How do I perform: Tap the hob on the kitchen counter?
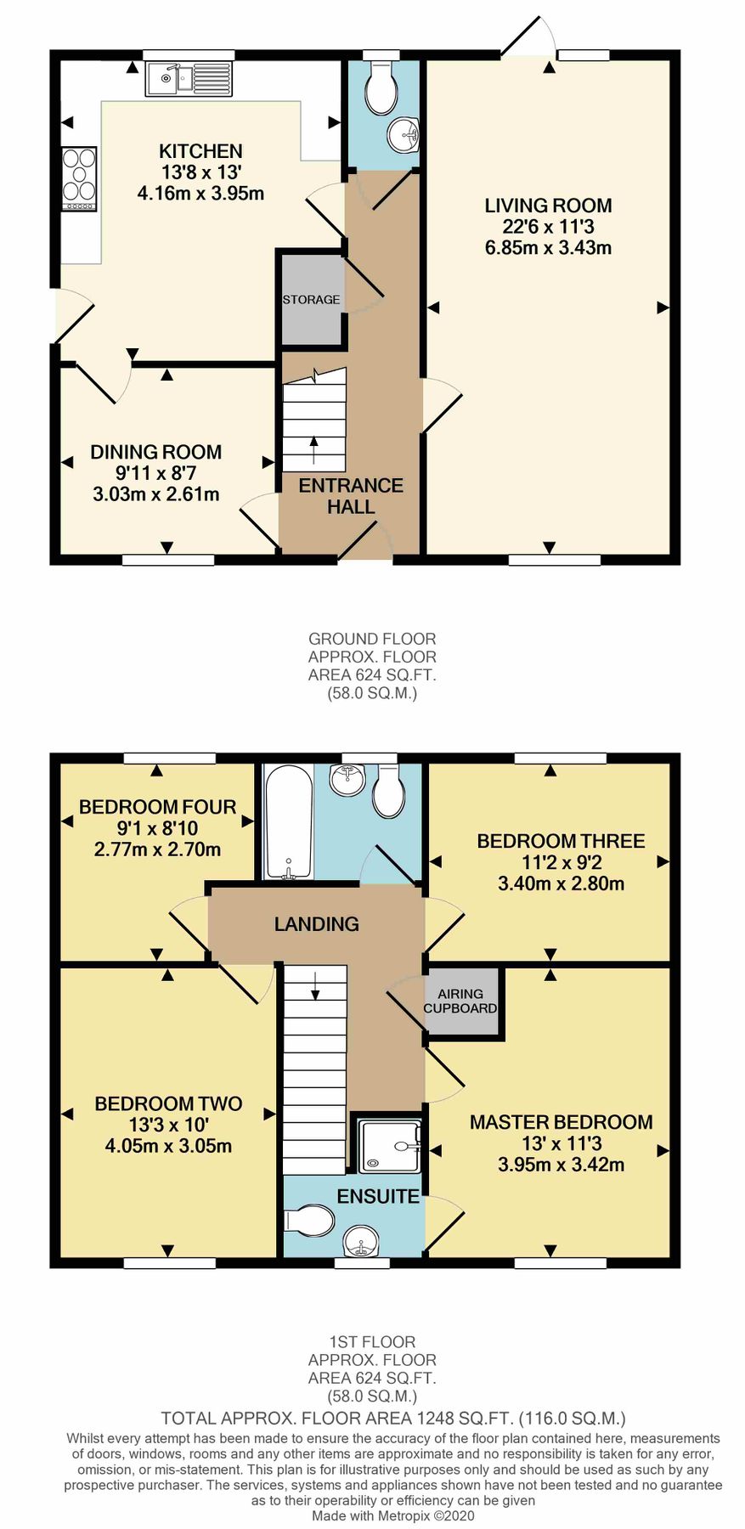pos(79,178)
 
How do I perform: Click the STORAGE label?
pos(311,300)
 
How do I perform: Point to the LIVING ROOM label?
pos(548,206)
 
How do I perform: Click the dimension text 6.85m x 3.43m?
pos(548,248)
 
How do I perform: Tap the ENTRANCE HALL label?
pos(351,496)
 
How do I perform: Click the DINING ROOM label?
pos(156,452)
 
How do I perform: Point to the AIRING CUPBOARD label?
pos(460,1001)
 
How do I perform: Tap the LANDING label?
pos(316,924)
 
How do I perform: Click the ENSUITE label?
pos(378,1196)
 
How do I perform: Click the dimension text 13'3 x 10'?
pos(168,1125)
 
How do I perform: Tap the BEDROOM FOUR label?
pos(158,807)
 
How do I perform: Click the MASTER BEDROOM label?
pos(561,1122)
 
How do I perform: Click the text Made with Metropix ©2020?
pos(392,1515)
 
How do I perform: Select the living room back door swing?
pos(528,37)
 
